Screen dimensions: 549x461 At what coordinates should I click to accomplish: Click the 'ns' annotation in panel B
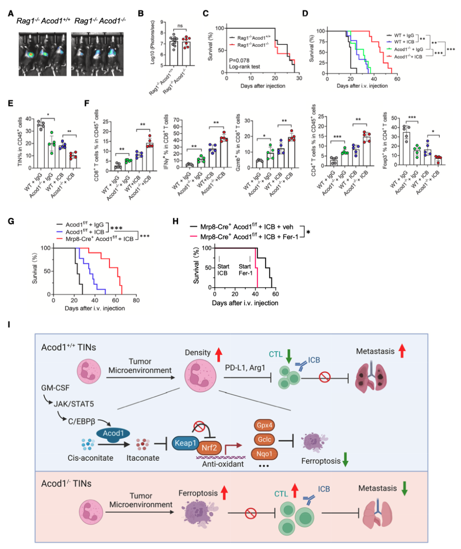pyautogui.click(x=180, y=26)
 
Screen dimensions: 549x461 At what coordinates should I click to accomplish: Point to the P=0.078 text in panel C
pyautogui.click(x=239, y=60)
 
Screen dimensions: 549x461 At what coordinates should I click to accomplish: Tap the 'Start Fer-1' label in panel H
pyautogui.click(x=245, y=269)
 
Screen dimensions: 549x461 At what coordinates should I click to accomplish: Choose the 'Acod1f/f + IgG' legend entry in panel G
pyautogui.click(x=85, y=225)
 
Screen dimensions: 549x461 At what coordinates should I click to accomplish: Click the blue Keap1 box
pyautogui.click(x=186, y=443)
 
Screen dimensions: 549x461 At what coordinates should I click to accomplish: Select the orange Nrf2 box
pyautogui.click(x=209, y=448)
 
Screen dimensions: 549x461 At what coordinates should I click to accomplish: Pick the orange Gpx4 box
pyautogui.click(x=265, y=425)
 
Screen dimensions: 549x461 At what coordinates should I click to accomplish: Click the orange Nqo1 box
pyautogui.click(x=264, y=454)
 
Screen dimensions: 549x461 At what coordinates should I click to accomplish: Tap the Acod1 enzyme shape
pyautogui.click(x=113, y=433)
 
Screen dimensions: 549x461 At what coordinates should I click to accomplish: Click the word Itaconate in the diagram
pyautogui.click(x=143, y=458)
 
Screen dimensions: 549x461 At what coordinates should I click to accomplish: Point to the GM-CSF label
pyautogui.click(x=55, y=388)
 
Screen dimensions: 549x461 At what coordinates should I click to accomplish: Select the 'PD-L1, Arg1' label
pyautogui.click(x=245, y=367)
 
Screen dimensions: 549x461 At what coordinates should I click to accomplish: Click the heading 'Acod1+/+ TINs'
pyautogui.click(x=69, y=347)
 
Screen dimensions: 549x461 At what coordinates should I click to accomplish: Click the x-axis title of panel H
pyautogui.click(x=245, y=303)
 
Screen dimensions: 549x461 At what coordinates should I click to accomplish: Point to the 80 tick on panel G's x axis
pyautogui.click(x=136, y=300)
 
